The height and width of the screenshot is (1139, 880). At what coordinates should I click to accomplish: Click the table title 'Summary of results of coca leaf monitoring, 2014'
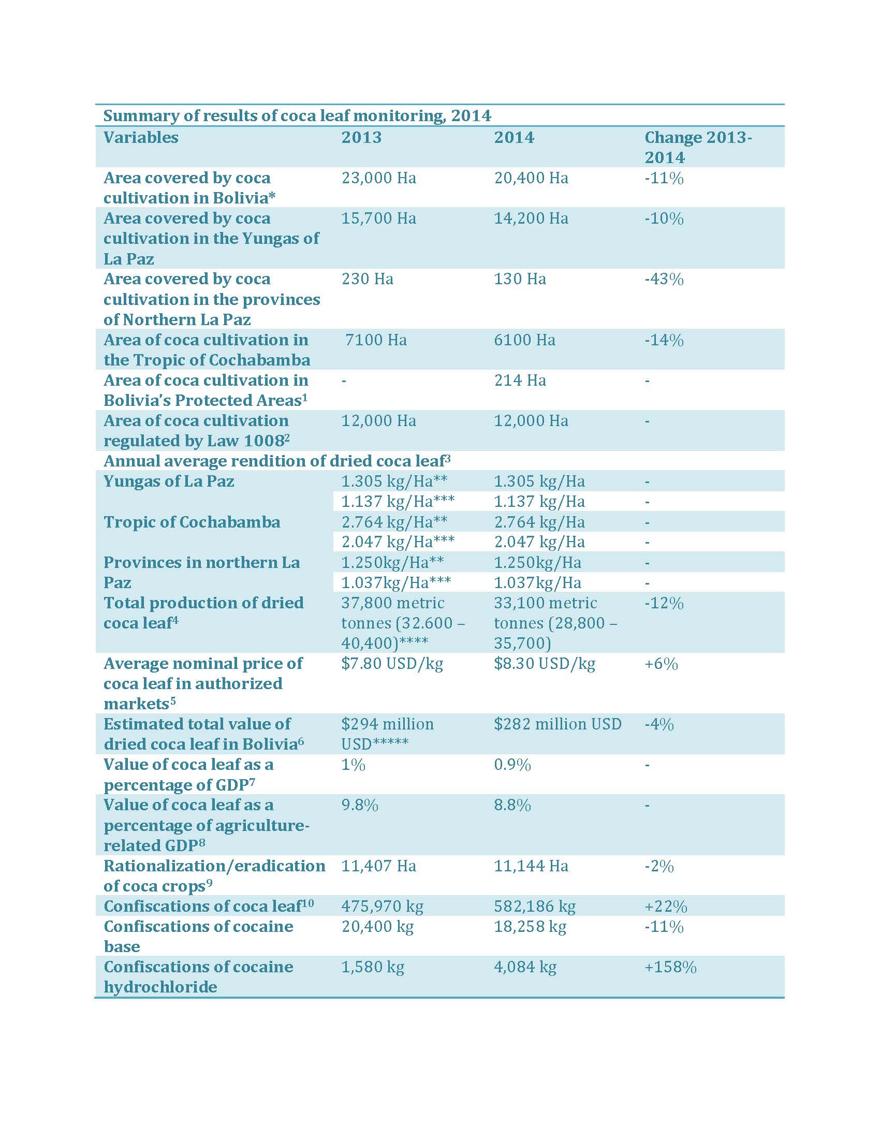pyautogui.click(x=297, y=115)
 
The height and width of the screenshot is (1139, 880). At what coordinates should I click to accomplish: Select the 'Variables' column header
pyautogui.click(x=141, y=137)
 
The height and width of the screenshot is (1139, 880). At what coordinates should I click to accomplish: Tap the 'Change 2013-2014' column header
pyautogui.click(x=698, y=147)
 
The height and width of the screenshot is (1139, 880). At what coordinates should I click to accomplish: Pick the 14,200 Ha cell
pyautogui.click(x=531, y=218)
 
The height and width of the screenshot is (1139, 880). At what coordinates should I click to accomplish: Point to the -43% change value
pyautogui.click(x=664, y=279)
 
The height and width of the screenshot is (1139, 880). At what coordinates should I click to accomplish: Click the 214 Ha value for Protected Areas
pyautogui.click(x=520, y=380)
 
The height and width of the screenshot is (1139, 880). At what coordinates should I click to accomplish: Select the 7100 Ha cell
pyautogui.click(x=375, y=340)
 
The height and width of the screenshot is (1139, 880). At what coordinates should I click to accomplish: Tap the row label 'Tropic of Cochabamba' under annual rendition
pyautogui.click(x=192, y=522)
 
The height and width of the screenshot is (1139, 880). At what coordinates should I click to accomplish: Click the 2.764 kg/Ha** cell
pyautogui.click(x=394, y=522)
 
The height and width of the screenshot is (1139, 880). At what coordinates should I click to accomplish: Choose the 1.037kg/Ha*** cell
pyautogui.click(x=396, y=582)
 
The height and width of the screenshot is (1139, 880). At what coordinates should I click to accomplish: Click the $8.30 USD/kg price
pyautogui.click(x=544, y=664)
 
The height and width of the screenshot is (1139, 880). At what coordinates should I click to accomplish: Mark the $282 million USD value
pyautogui.click(x=558, y=724)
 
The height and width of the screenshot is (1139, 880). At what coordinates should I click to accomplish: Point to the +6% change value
pyautogui.click(x=661, y=664)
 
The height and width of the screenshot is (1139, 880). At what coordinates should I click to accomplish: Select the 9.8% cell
pyautogui.click(x=360, y=805)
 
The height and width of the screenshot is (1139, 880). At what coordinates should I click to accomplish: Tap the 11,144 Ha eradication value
pyautogui.click(x=531, y=866)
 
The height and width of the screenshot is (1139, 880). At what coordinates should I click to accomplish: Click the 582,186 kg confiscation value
pyautogui.click(x=534, y=907)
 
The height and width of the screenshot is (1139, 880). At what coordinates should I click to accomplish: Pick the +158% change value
pyautogui.click(x=670, y=968)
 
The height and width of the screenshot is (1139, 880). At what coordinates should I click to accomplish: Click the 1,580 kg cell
pyautogui.click(x=373, y=968)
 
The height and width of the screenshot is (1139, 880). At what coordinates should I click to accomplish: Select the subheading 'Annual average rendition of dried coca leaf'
pyautogui.click(x=277, y=461)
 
